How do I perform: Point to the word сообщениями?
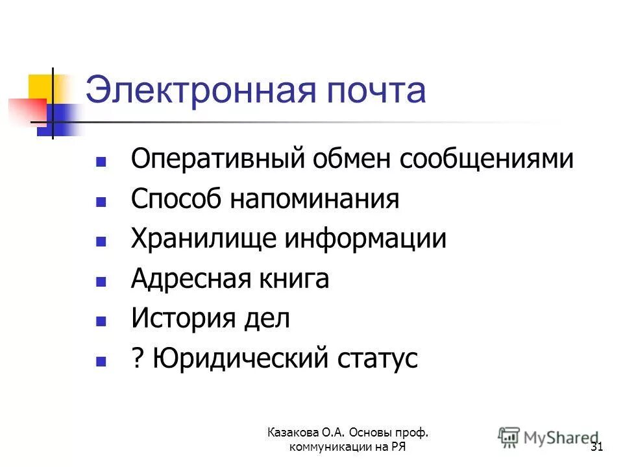tap(487, 160)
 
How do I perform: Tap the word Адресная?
tap(184, 279)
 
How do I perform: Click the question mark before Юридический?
tap(137, 359)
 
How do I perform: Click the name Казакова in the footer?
tap(295, 433)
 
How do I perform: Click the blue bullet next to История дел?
tap(101, 320)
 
